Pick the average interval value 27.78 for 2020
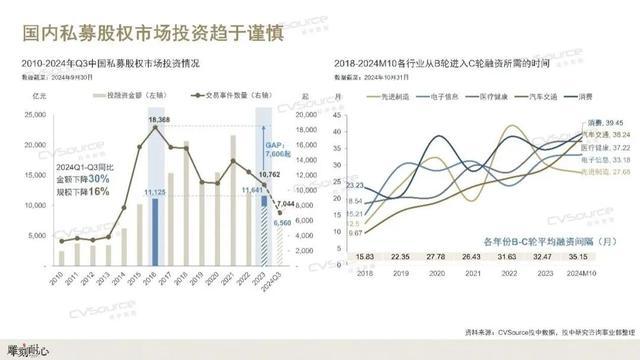click(437, 257)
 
